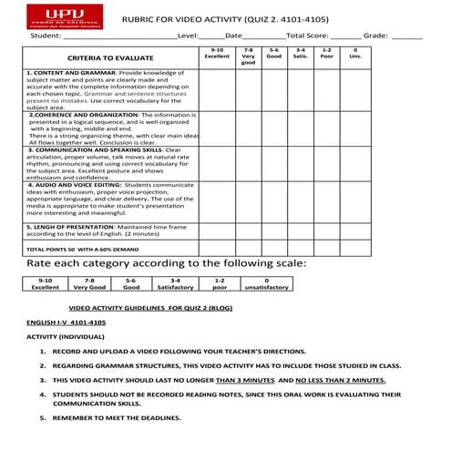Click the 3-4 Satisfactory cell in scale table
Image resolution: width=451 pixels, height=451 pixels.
point(175,283)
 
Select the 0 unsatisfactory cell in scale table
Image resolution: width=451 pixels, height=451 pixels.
point(265,283)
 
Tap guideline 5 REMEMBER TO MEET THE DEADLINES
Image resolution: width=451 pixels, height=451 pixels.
point(116,417)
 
